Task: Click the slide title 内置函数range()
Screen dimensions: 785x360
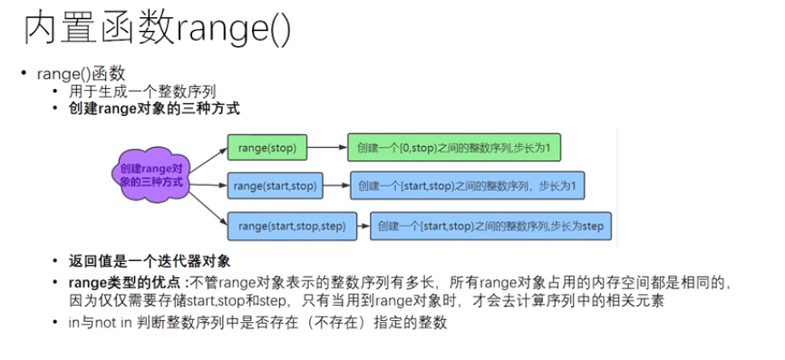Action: tap(157, 30)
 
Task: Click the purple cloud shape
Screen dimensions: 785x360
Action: tap(151, 174)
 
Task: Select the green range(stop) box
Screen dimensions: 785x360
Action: tap(267, 148)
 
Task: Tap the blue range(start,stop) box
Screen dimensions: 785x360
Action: tap(275, 186)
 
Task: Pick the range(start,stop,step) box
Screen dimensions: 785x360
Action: tap(292, 227)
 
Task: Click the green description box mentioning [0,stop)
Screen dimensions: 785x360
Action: tap(454, 148)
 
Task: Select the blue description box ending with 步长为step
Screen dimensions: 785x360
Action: tap(490, 227)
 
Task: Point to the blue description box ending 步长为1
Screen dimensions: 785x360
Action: tap(467, 186)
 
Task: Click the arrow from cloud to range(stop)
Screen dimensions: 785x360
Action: tap(208, 161)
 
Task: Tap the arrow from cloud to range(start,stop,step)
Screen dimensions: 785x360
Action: tap(208, 209)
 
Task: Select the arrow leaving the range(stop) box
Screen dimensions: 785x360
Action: tap(327, 148)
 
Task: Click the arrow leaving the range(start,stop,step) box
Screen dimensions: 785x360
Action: tap(363, 227)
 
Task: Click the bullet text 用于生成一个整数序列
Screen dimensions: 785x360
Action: tap(142, 92)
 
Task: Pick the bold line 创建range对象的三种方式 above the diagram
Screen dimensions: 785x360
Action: tap(154, 109)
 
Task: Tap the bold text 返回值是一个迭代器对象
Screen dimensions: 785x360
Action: tap(150, 261)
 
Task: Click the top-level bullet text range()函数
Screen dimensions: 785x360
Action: tap(81, 74)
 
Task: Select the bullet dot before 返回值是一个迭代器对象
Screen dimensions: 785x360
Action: tap(55, 261)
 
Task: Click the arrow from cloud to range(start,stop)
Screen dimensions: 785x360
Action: tap(209, 185)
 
